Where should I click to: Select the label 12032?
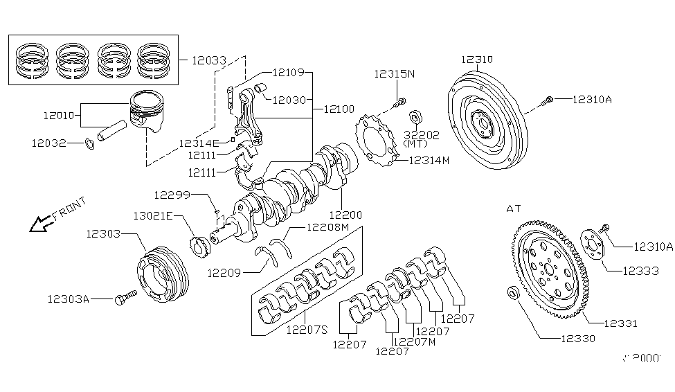[48, 143]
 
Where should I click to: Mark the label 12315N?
[395, 73]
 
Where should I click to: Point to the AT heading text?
[513, 208]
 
